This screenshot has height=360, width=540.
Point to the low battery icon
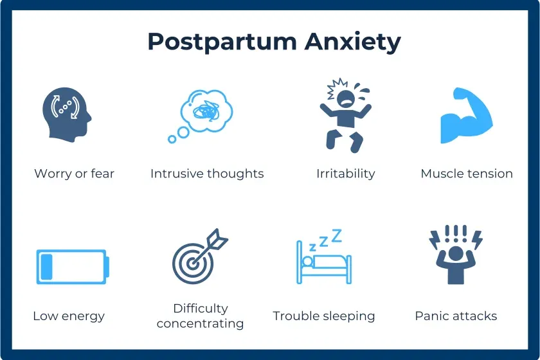coord(72,266)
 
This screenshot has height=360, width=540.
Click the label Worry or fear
coord(74,174)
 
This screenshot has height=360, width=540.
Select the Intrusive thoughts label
coord(207,174)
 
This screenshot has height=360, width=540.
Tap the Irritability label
coord(345,174)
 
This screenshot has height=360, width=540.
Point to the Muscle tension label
coord(467,174)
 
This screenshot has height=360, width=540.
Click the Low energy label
coord(69,316)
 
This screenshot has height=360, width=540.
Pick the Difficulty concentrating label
coord(200,316)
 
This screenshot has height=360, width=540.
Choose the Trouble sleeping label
coord(323,316)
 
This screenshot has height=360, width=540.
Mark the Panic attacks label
coord(456,316)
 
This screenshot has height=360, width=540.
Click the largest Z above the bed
coord(336,235)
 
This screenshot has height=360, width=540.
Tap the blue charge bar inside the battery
coord(46,266)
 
